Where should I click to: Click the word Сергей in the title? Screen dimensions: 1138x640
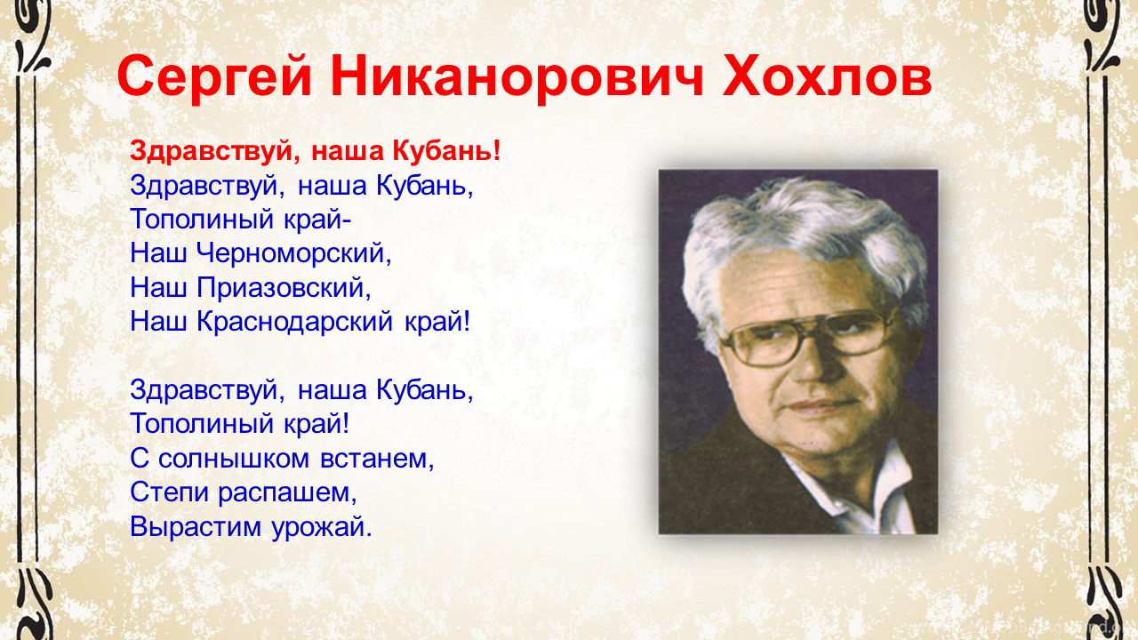coord(214,77)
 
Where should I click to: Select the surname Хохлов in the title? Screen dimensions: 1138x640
coord(828,76)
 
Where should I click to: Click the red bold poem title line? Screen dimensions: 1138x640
coord(315,151)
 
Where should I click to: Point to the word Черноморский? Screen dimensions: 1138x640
coord(293,253)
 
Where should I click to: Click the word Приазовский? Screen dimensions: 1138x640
coord(284,287)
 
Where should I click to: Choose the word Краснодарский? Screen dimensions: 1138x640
coord(294,322)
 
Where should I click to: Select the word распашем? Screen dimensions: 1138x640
coord(287,492)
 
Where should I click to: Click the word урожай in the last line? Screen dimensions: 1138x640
coord(322,527)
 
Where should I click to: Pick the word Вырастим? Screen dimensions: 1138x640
coord(196,526)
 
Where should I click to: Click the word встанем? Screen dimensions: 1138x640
coord(377,459)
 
